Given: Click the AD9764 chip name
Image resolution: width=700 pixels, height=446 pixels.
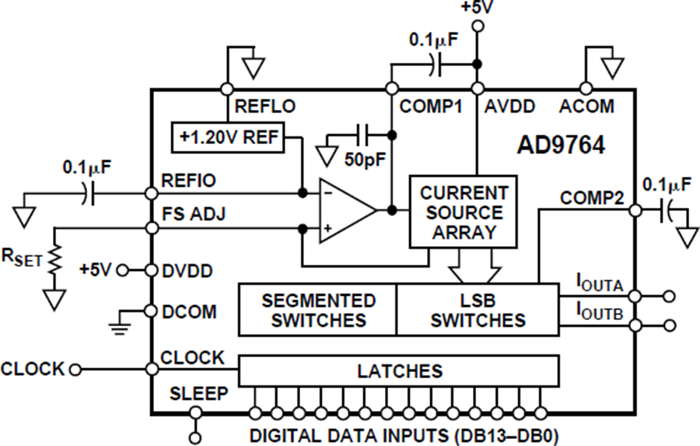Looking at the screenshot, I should [562, 146].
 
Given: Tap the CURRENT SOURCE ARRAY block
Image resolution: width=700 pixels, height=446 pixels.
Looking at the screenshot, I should [464, 212].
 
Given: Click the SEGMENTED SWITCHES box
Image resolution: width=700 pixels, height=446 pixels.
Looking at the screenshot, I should [318, 310].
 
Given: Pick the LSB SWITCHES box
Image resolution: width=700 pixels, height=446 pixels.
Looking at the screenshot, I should [478, 310].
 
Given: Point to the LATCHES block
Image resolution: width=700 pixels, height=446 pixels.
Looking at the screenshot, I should [399, 370].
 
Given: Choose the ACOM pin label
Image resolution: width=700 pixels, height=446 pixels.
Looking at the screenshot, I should [586, 107].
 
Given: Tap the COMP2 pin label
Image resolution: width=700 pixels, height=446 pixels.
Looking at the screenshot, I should [593, 199].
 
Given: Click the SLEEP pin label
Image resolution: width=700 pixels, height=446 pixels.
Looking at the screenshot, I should [199, 394].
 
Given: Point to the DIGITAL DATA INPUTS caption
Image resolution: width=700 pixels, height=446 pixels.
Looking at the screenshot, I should [404, 434].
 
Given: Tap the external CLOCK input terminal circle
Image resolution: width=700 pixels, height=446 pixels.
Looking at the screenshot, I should [75, 369].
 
